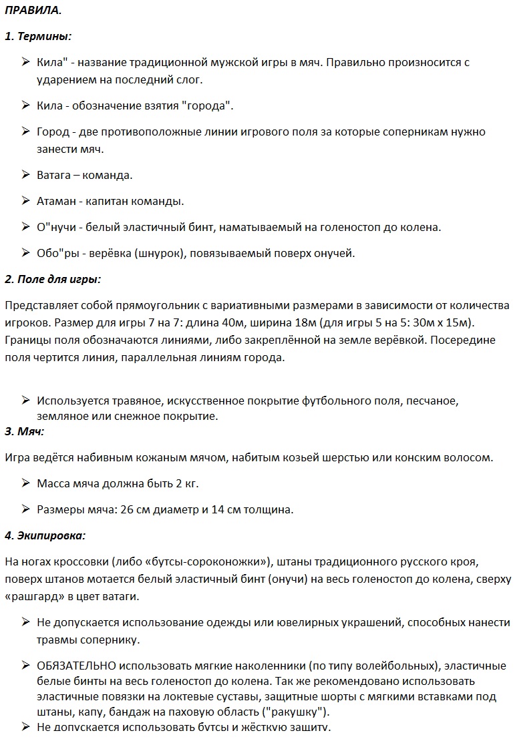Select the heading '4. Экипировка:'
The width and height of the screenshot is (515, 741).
tap(45, 535)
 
